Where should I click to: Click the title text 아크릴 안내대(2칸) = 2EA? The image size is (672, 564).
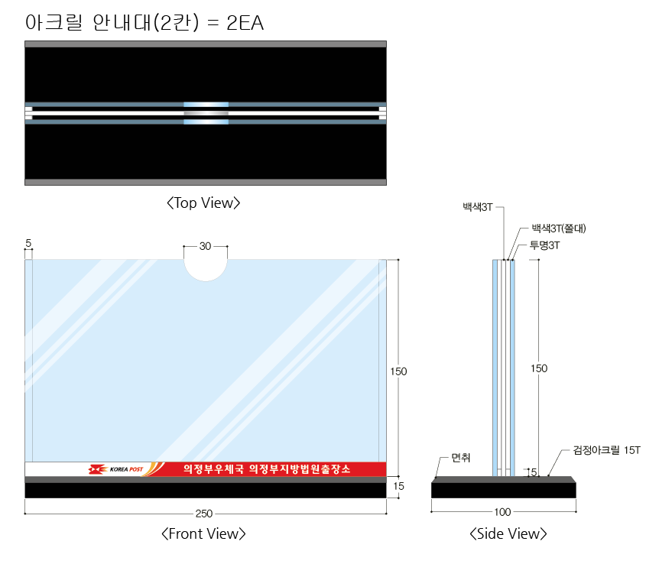144,22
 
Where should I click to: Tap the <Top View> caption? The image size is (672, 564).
203,203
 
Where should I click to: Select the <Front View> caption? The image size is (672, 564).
203,533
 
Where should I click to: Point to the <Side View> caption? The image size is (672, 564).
508,533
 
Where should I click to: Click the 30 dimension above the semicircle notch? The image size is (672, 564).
206,246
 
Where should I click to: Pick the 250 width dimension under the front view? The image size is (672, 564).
204,514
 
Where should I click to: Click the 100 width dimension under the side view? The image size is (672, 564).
502,512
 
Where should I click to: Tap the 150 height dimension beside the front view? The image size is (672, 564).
398,371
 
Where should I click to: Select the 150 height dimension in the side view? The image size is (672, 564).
539,368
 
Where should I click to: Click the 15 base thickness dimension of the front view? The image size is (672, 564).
398,486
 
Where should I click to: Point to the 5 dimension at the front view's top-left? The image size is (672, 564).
28,243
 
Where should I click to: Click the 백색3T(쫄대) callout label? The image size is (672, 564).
558,228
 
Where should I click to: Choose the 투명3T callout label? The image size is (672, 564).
545,245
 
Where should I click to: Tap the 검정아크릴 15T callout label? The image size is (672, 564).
606,450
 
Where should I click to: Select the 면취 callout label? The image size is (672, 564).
461,458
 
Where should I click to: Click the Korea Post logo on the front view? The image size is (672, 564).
115,469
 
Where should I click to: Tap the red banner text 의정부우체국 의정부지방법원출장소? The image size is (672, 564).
267,469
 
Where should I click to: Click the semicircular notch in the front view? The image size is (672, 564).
206,270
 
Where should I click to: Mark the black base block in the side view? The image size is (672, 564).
504,488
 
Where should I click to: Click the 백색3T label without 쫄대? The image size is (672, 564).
477,207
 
